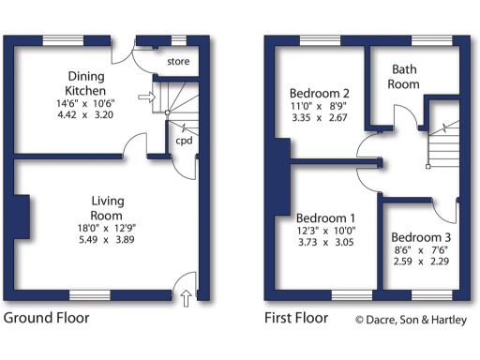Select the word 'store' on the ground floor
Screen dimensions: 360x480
coord(178,62)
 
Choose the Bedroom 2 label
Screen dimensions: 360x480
coord(320,94)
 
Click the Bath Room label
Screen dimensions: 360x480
coord(405,77)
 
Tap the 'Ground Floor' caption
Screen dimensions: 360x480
coord(47,318)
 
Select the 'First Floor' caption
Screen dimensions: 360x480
coord(296,318)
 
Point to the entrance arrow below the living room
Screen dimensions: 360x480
coord(186,299)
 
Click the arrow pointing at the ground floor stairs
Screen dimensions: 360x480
coord(144,96)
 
